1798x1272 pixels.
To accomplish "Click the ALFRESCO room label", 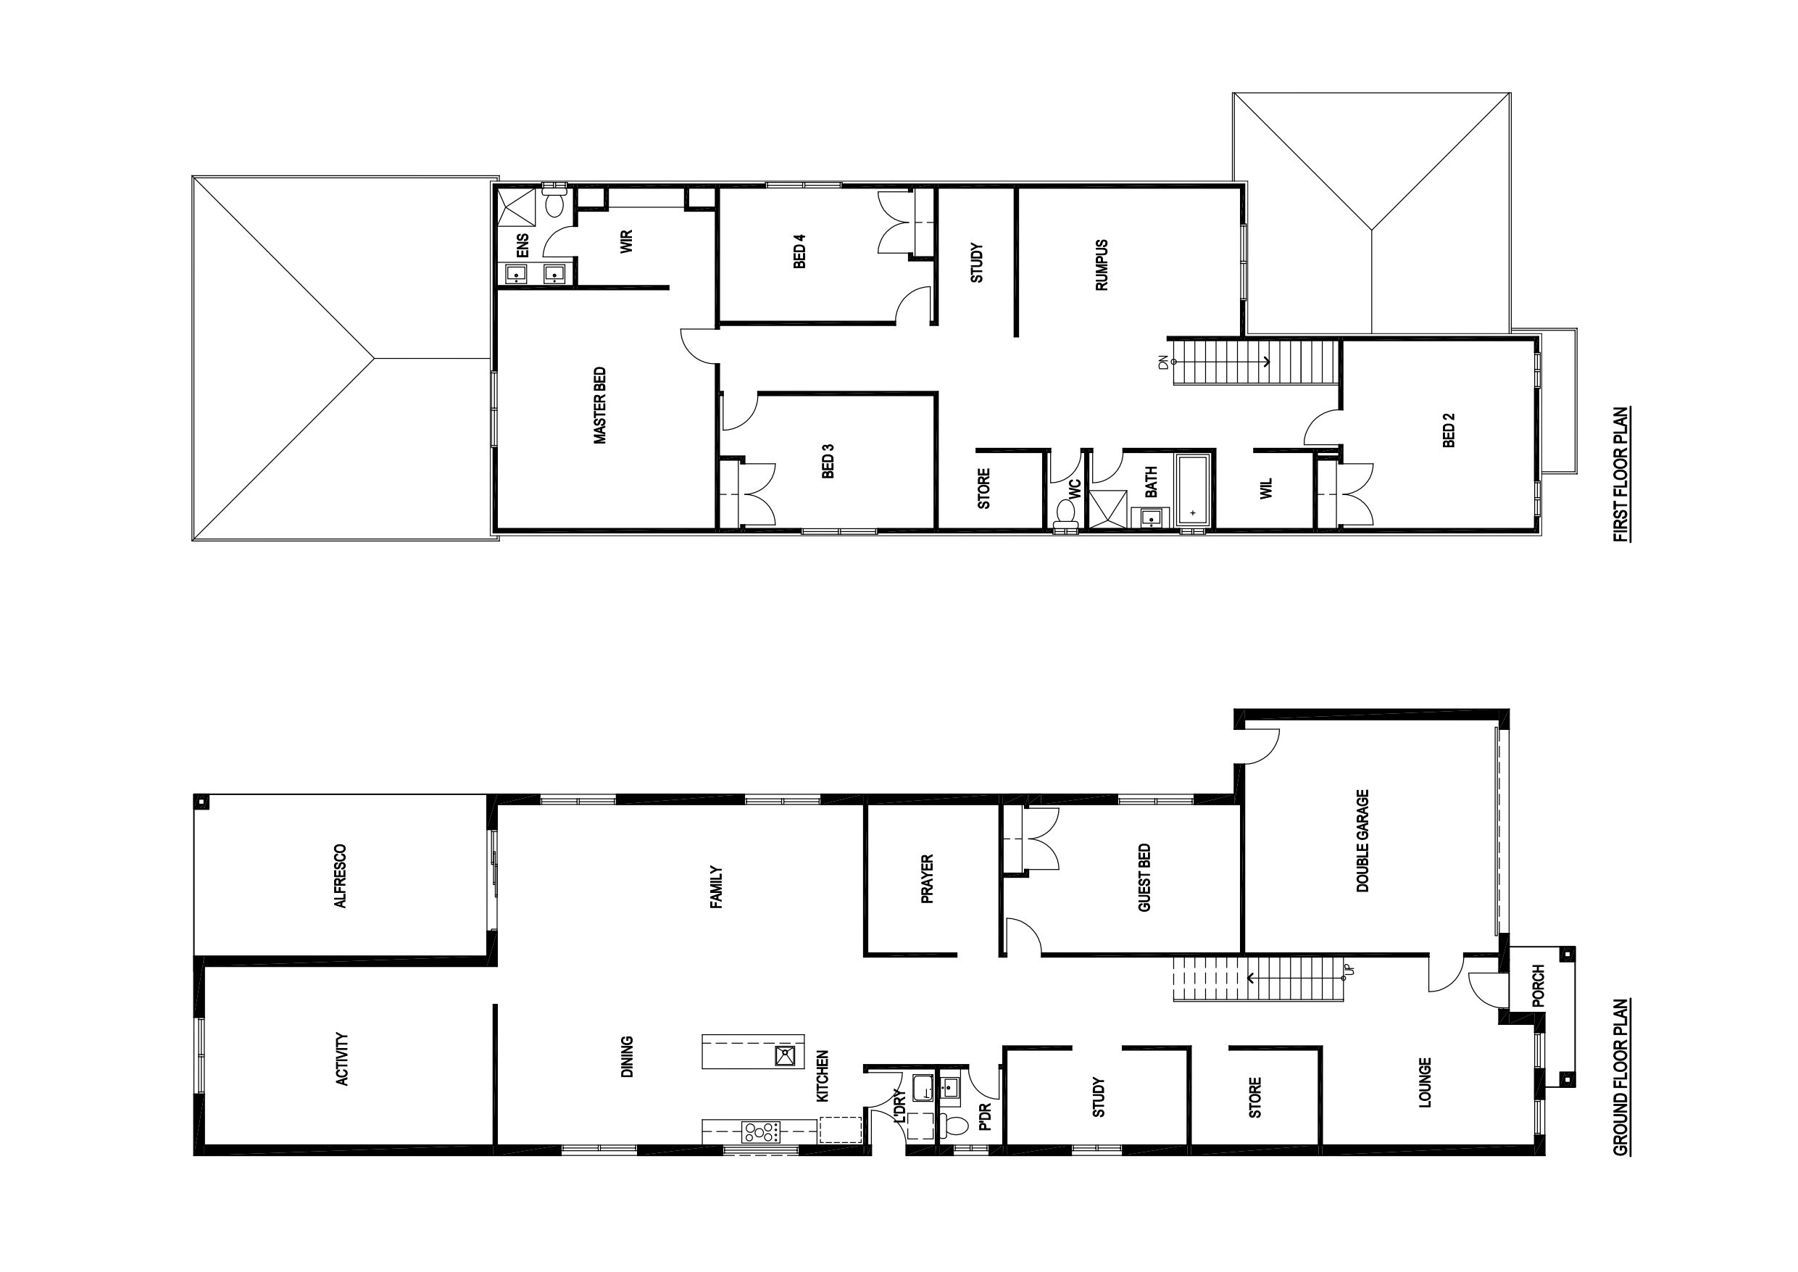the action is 340,876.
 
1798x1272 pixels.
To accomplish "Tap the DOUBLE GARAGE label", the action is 1362,841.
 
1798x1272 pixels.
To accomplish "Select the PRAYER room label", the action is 927,879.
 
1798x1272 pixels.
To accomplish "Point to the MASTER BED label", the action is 600,406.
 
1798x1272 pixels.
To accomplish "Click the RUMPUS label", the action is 1102,265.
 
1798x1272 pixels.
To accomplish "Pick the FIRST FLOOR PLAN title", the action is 1620,474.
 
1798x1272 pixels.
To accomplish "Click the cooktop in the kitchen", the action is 762,1131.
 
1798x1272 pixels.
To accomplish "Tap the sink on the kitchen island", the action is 785,1056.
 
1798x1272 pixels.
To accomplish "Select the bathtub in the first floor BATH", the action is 1193,489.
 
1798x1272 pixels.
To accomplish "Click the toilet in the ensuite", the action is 555,201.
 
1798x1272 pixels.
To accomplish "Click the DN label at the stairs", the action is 1163,362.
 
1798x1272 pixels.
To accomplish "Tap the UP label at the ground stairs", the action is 1348,970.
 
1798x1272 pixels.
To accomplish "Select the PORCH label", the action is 1537,986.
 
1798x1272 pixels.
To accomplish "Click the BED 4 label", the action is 799,252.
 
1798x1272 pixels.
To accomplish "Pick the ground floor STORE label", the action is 1254,1097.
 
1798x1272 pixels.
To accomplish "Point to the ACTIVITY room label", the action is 341,1058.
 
